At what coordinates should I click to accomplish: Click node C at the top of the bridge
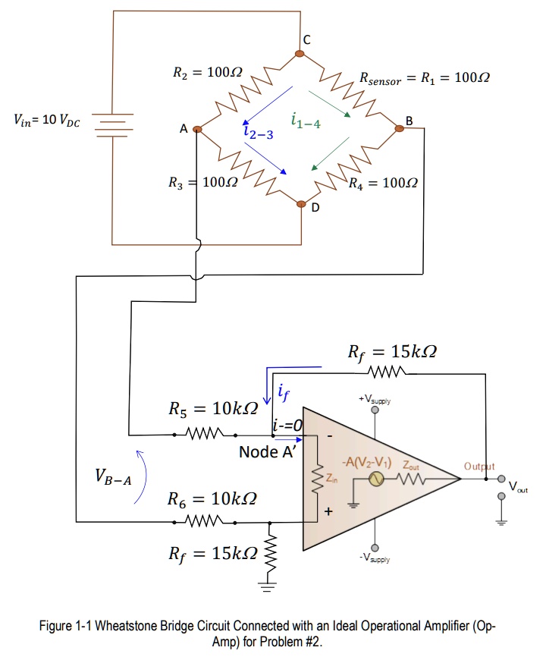click(x=301, y=52)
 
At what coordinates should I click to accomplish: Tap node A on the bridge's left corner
click(x=197, y=130)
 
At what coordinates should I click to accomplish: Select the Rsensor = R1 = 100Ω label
click(x=424, y=78)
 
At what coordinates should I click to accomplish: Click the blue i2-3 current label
click(x=259, y=133)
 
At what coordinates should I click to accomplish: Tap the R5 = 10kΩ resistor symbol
click(x=204, y=435)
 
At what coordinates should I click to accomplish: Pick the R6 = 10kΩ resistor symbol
click(x=204, y=522)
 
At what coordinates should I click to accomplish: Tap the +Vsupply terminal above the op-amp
click(x=374, y=409)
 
